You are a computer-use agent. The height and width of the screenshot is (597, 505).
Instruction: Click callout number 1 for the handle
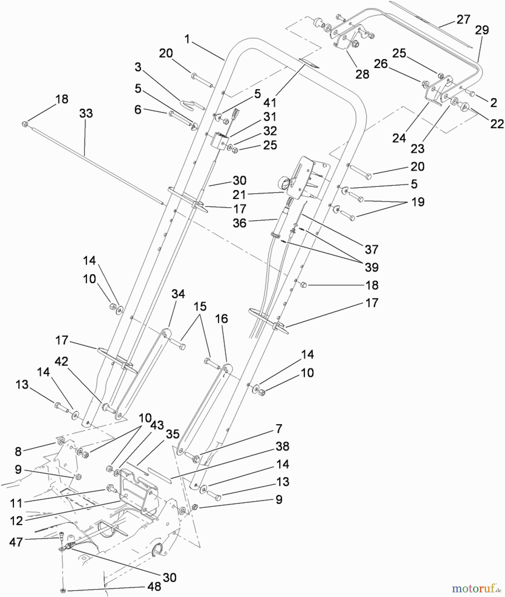[x=187, y=39]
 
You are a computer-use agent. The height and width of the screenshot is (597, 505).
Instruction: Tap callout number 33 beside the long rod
[x=86, y=113]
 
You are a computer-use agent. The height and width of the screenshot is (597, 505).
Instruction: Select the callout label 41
[x=269, y=102]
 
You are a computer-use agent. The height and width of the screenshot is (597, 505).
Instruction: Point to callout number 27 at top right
[x=463, y=20]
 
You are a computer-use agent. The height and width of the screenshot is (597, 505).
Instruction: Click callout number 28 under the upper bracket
[x=362, y=74]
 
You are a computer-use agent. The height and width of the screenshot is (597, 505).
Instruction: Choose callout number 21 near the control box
[x=239, y=195]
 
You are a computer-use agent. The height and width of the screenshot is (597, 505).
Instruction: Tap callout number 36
[x=239, y=223]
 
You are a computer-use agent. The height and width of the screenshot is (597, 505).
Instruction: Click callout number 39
[x=371, y=267]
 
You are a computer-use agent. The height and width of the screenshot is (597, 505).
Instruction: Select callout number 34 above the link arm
[x=178, y=294]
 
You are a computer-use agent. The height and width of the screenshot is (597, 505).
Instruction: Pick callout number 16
[x=221, y=319]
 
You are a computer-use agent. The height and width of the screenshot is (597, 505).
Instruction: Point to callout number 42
[x=61, y=361]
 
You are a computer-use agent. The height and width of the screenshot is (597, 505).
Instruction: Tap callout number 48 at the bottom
[x=154, y=586]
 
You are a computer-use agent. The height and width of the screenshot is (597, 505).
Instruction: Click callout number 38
[x=282, y=446]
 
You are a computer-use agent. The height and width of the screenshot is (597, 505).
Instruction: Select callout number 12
[x=16, y=521]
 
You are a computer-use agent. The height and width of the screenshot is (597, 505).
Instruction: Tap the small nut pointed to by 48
[x=62, y=590]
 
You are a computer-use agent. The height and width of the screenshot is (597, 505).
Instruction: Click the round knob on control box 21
[x=283, y=182]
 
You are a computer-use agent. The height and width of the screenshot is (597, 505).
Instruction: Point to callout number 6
[x=138, y=110]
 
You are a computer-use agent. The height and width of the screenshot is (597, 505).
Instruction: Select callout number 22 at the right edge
[x=497, y=124]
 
